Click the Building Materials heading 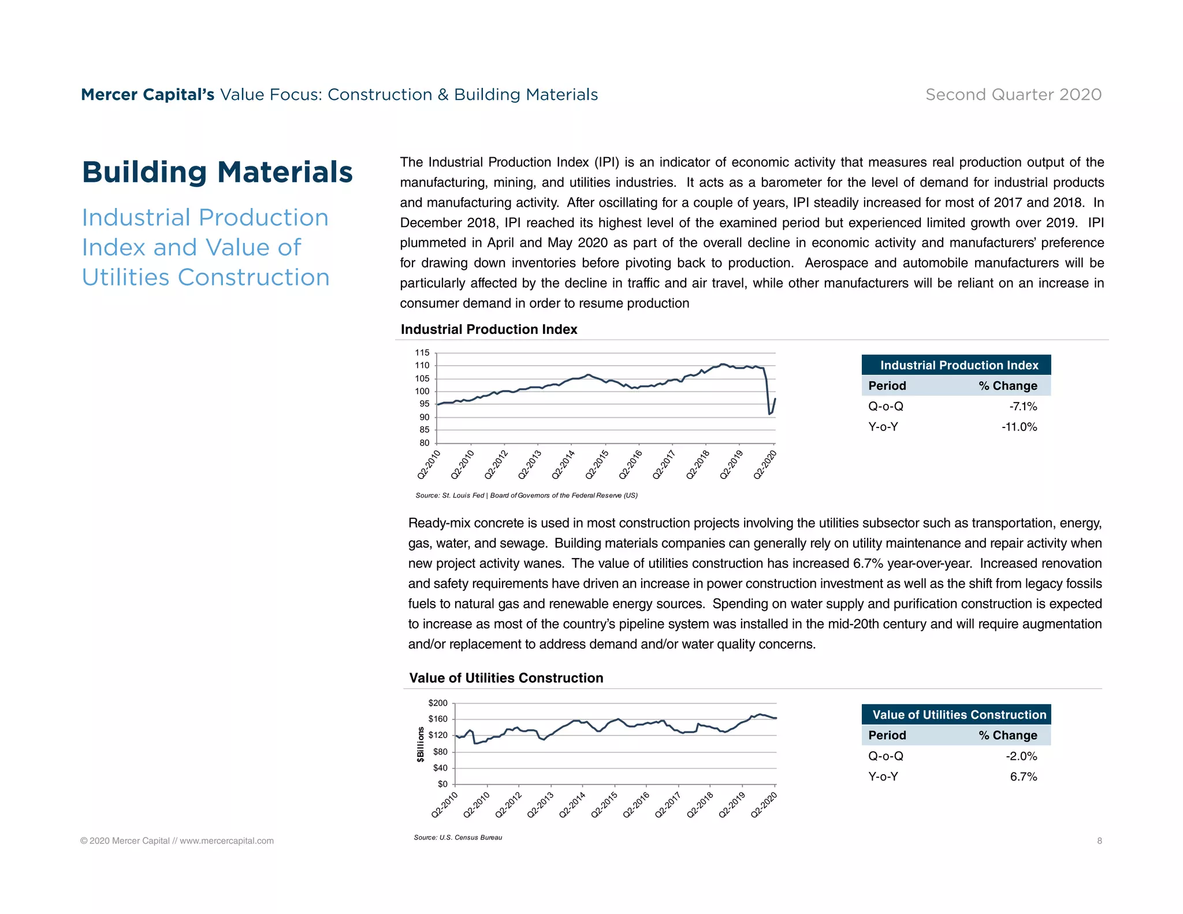(217, 172)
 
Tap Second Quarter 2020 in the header (1013, 95)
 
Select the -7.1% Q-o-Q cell (1023, 407)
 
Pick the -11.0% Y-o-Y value (1019, 427)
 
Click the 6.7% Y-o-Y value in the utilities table (1023, 776)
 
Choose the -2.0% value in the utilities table (1021, 756)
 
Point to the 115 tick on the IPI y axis (422, 352)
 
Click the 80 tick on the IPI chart (425, 443)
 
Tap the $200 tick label (438, 703)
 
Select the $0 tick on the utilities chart (442, 784)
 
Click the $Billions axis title (421, 745)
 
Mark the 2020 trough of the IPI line (769, 414)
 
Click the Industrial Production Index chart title (489, 329)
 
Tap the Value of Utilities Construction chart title (506, 678)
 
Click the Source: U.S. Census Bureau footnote (457, 837)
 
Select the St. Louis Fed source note (526, 495)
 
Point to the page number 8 (1099, 841)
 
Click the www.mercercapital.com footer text (226, 841)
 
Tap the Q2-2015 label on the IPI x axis (597, 465)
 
